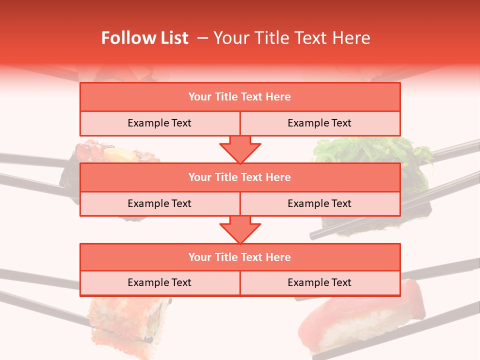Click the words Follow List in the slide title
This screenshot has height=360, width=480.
[145, 38]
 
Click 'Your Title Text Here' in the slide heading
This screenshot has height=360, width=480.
[292, 38]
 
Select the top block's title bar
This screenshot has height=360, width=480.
[240, 97]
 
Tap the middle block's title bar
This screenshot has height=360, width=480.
[240, 177]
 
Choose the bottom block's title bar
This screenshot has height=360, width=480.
[240, 257]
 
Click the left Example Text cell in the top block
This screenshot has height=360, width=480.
[159, 123]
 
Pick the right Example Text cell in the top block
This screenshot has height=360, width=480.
[319, 123]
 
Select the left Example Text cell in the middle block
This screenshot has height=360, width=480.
[159, 203]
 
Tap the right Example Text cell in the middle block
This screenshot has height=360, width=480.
[319, 203]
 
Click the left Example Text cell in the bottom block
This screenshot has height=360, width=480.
[159, 282]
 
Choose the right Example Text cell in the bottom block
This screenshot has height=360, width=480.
[319, 282]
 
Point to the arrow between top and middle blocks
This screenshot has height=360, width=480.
[240, 149]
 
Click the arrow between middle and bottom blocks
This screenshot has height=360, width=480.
[240, 229]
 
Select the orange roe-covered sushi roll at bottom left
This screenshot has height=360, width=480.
[125, 320]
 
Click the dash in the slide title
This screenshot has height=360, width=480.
[202, 38]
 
